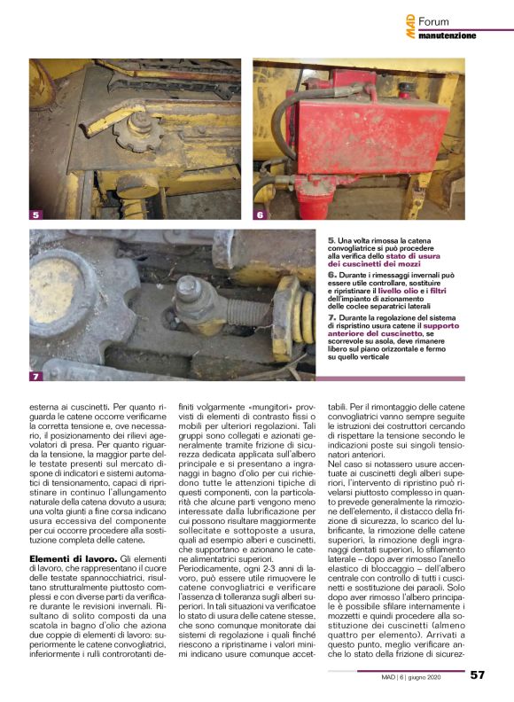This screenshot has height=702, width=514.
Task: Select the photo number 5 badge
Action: (35, 214)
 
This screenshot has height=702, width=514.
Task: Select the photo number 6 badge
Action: (261, 214)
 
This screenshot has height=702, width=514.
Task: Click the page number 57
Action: (478, 675)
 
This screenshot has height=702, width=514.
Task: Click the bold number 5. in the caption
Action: (331, 239)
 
